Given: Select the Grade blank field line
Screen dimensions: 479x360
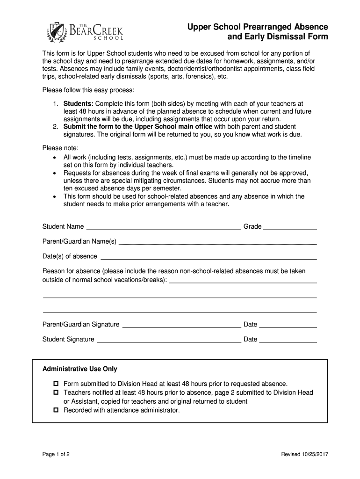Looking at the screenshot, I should pyautogui.click(x=290, y=229).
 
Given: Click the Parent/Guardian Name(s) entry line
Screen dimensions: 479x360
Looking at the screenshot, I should pyautogui.click(x=218, y=243).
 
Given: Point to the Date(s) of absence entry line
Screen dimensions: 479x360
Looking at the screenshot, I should pyautogui.click(x=209, y=258).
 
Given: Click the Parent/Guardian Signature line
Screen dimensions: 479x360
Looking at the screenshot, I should pyautogui.click(x=181, y=326).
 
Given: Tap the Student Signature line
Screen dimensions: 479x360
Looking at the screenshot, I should pyautogui.click(x=169, y=341).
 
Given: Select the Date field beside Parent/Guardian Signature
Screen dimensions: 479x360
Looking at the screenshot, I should pyautogui.click(x=288, y=326).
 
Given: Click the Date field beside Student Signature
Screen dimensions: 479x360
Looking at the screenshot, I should pyautogui.click(x=288, y=341).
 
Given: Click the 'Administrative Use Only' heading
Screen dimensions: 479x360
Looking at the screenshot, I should pyautogui.click(x=80, y=369).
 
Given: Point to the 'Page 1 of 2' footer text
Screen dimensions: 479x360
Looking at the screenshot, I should pyautogui.click(x=57, y=454).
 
